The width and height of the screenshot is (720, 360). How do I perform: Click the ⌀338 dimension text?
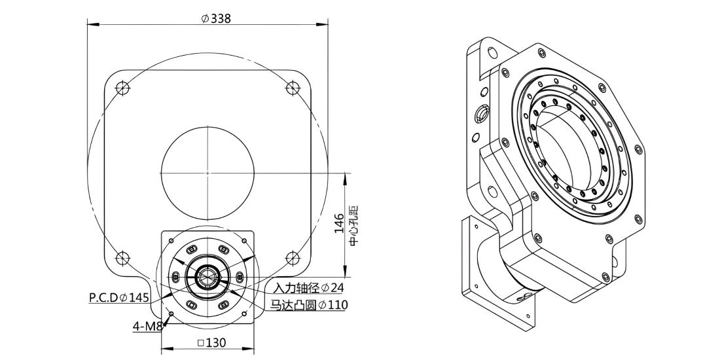[216, 18]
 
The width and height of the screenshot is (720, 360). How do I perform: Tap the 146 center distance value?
[339, 223]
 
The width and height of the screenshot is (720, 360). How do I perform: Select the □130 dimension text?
[211, 342]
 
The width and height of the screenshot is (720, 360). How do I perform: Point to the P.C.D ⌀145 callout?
[119, 298]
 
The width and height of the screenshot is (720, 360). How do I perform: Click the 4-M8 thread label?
[147, 327]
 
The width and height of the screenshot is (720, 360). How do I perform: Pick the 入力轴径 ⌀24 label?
[308, 288]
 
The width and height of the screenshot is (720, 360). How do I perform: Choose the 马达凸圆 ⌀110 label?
[308, 304]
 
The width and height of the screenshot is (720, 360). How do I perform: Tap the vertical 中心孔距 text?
[353, 225]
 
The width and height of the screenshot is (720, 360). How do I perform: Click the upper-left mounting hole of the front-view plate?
[122, 88]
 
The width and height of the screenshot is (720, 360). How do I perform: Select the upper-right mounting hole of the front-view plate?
[293, 88]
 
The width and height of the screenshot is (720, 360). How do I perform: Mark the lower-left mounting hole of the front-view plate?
[122, 258]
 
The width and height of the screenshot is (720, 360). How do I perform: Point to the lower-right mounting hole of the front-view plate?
[293, 258]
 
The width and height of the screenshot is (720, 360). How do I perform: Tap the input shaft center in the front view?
[207, 277]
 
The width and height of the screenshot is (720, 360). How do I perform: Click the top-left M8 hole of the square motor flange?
[171, 241]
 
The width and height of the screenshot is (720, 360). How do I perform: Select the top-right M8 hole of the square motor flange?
[244, 241]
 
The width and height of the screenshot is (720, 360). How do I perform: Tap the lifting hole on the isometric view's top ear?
[493, 52]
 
